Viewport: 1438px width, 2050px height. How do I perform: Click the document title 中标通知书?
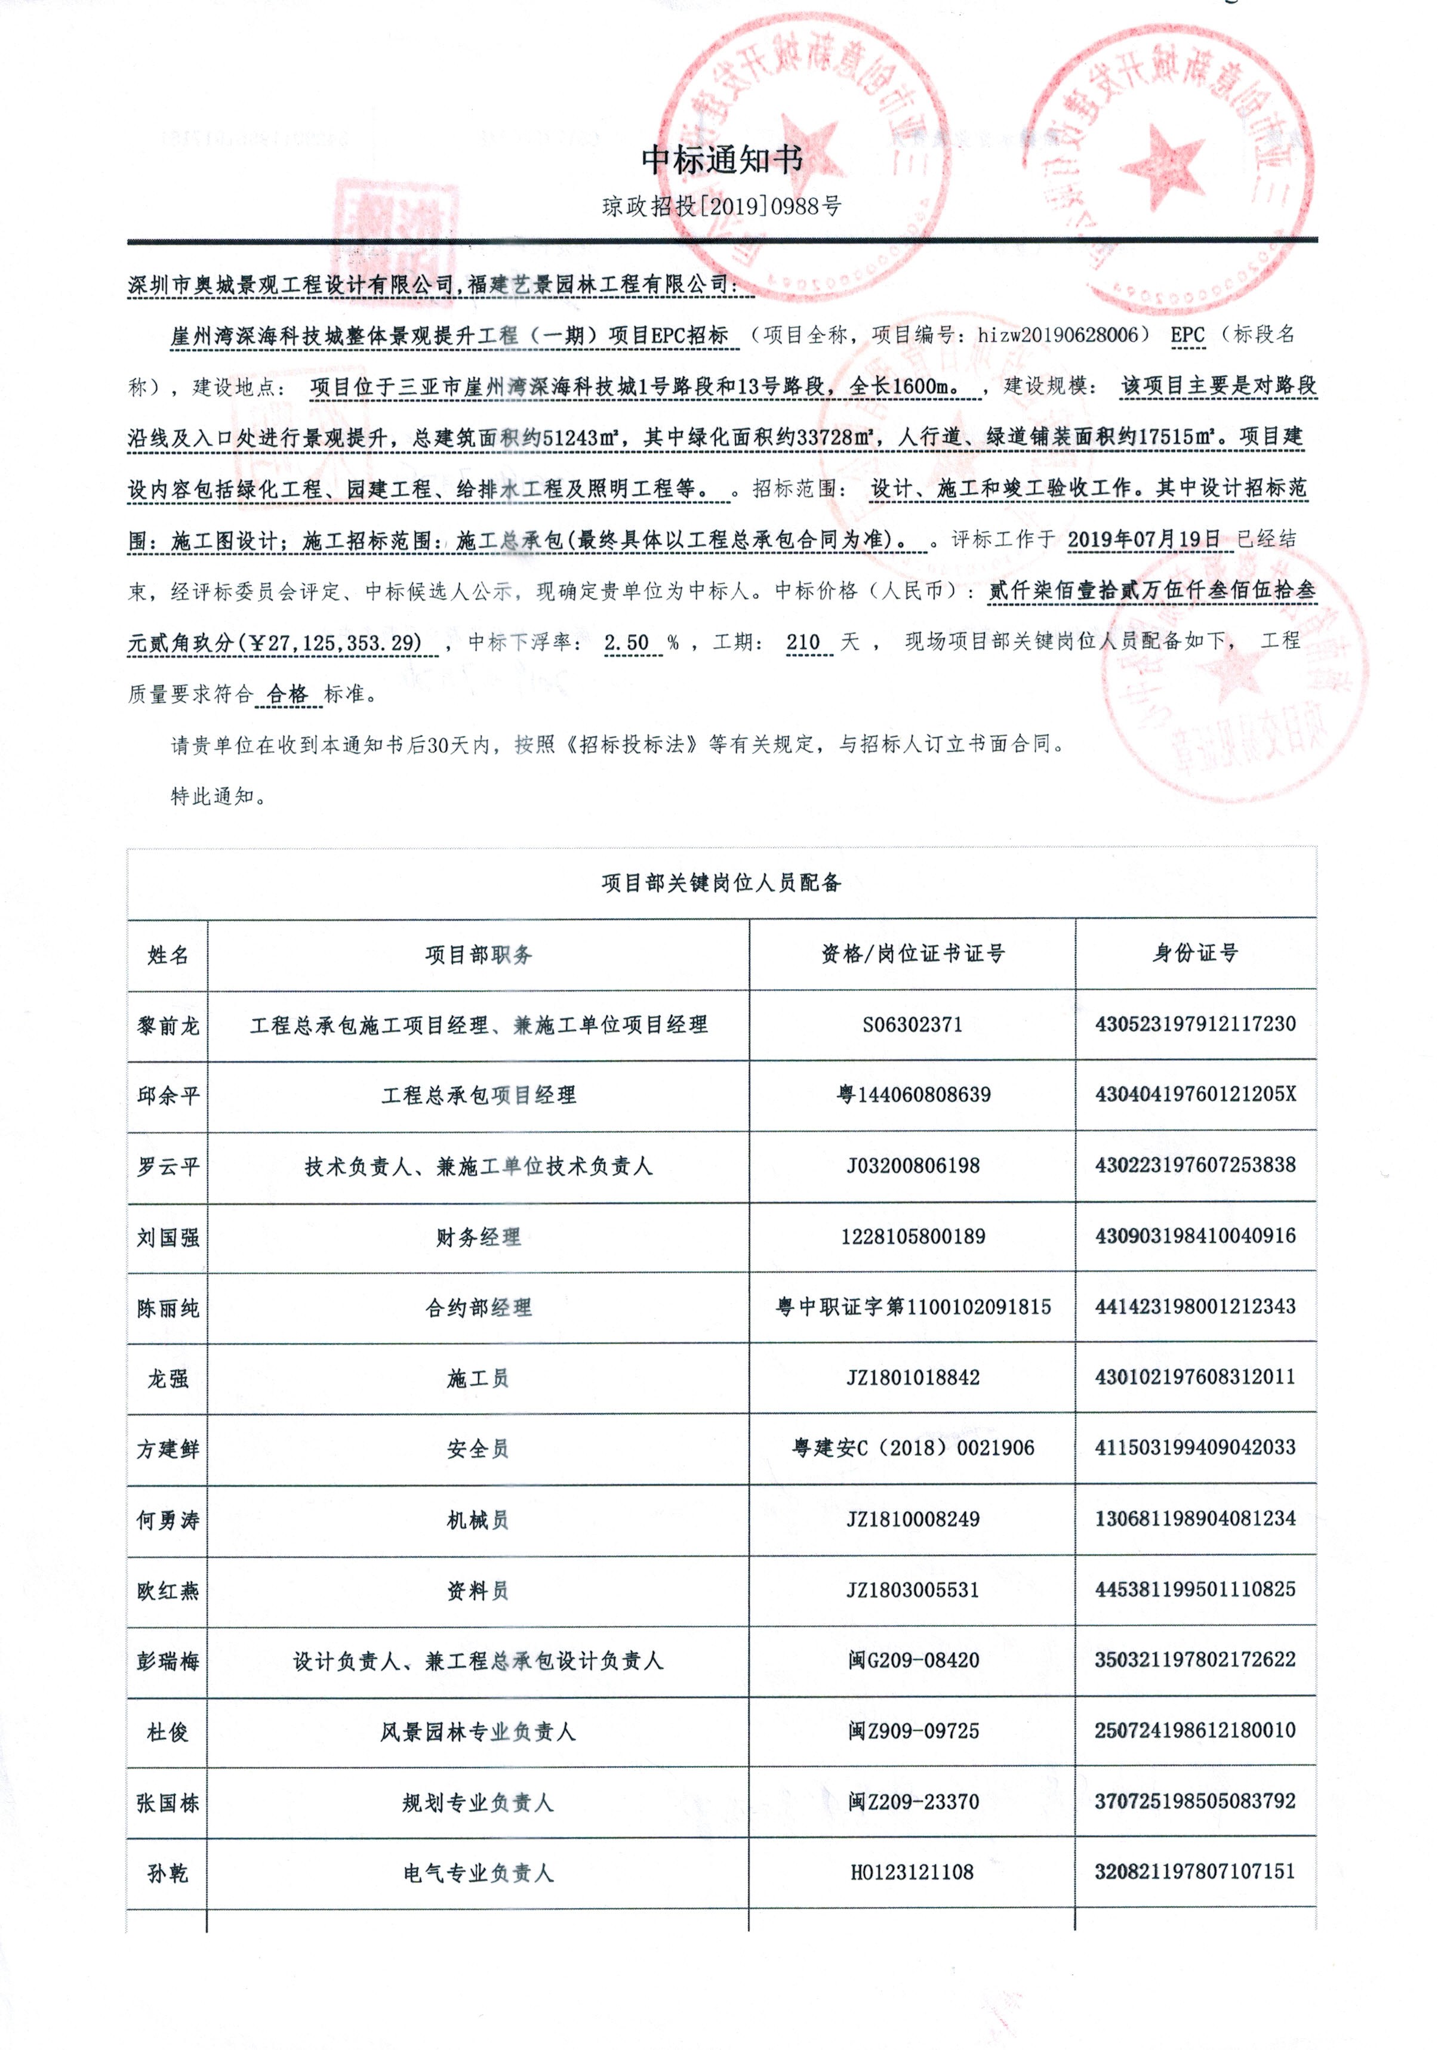coord(722,160)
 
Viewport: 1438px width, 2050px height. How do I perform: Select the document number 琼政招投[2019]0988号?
coord(722,207)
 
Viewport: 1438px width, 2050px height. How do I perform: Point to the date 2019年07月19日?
coord(1143,539)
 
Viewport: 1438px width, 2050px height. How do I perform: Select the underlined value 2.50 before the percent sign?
coord(627,643)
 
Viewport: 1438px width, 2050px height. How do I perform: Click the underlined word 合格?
coord(288,694)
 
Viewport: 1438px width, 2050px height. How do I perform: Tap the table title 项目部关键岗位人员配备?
coord(720,883)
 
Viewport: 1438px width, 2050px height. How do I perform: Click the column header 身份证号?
coord(1195,953)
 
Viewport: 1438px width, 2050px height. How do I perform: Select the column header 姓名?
coord(168,955)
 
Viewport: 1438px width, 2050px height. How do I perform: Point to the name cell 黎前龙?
coord(168,1026)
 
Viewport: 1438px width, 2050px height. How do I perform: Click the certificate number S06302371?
coord(912,1025)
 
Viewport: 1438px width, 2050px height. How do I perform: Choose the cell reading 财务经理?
coord(478,1237)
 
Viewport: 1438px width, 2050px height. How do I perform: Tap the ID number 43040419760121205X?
coord(1195,1095)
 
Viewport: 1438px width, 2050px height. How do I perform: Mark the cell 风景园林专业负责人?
coord(478,1732)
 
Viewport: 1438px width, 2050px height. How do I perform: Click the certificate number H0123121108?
coord(912,1872)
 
